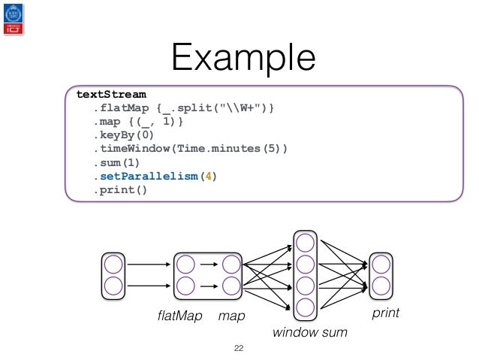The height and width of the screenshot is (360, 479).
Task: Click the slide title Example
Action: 243,58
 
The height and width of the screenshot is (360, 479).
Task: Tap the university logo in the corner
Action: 14,19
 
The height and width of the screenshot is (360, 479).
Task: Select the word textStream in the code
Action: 112,94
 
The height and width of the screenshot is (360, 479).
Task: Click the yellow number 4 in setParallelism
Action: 208,176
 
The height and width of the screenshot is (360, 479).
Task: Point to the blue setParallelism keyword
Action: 149,176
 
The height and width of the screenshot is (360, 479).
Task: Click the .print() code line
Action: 120,190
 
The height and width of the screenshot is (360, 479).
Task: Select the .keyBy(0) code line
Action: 124,135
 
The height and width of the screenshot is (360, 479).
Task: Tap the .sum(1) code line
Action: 116,163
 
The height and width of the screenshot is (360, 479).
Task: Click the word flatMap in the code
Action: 125,108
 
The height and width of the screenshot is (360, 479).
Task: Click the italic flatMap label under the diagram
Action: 180,316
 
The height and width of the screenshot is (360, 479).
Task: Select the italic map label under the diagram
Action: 231,316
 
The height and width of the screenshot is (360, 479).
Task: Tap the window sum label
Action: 310,332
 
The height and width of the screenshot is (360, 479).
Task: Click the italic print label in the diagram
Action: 386,313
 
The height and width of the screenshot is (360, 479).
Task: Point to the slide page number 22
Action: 239,348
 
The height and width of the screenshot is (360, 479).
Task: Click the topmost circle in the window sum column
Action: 305,243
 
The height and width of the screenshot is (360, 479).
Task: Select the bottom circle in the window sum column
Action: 305,307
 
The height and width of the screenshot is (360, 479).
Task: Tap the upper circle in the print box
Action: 381,265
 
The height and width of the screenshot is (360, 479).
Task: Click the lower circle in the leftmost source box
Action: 113,286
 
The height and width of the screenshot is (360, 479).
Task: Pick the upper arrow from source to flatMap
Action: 149,265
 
